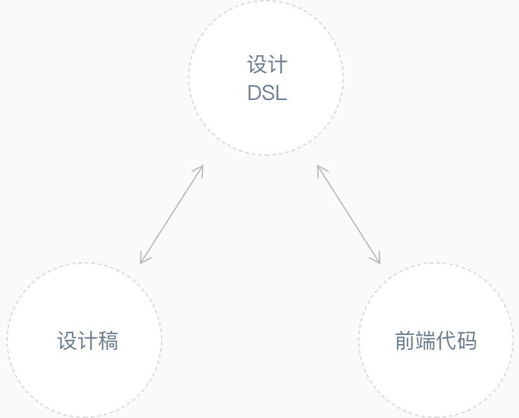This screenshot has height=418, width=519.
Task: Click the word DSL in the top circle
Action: point(267,93)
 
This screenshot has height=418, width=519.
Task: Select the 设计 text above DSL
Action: point(267,65)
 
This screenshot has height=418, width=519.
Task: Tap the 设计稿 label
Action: point(88,341)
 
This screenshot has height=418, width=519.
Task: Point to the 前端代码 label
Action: point(436,341)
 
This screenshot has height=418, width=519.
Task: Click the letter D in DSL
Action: point(254,93)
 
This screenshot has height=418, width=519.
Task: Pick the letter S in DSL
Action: point(267,93)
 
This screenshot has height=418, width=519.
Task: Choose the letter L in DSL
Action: point(280,93)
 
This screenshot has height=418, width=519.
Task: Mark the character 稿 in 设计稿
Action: point(108,341)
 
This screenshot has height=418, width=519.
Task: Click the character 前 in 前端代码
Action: point(405,341)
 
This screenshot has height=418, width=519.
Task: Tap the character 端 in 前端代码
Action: point(426,341)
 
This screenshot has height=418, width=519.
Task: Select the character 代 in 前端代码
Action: point(446,341)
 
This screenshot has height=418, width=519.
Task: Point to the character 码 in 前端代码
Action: point(467,341)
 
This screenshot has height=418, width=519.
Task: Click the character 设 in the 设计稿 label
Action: point(67,341)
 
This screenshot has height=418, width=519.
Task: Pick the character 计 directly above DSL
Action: point(277,65)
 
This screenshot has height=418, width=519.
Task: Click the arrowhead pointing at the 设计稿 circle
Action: point(142,260)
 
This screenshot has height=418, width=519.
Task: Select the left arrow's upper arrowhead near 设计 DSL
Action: point(200,168)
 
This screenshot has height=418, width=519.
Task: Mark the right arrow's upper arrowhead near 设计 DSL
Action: point(319,168)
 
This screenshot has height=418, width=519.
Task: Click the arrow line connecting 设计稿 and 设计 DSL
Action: point(171,214)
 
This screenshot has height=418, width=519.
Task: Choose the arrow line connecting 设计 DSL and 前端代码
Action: point(348,214)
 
